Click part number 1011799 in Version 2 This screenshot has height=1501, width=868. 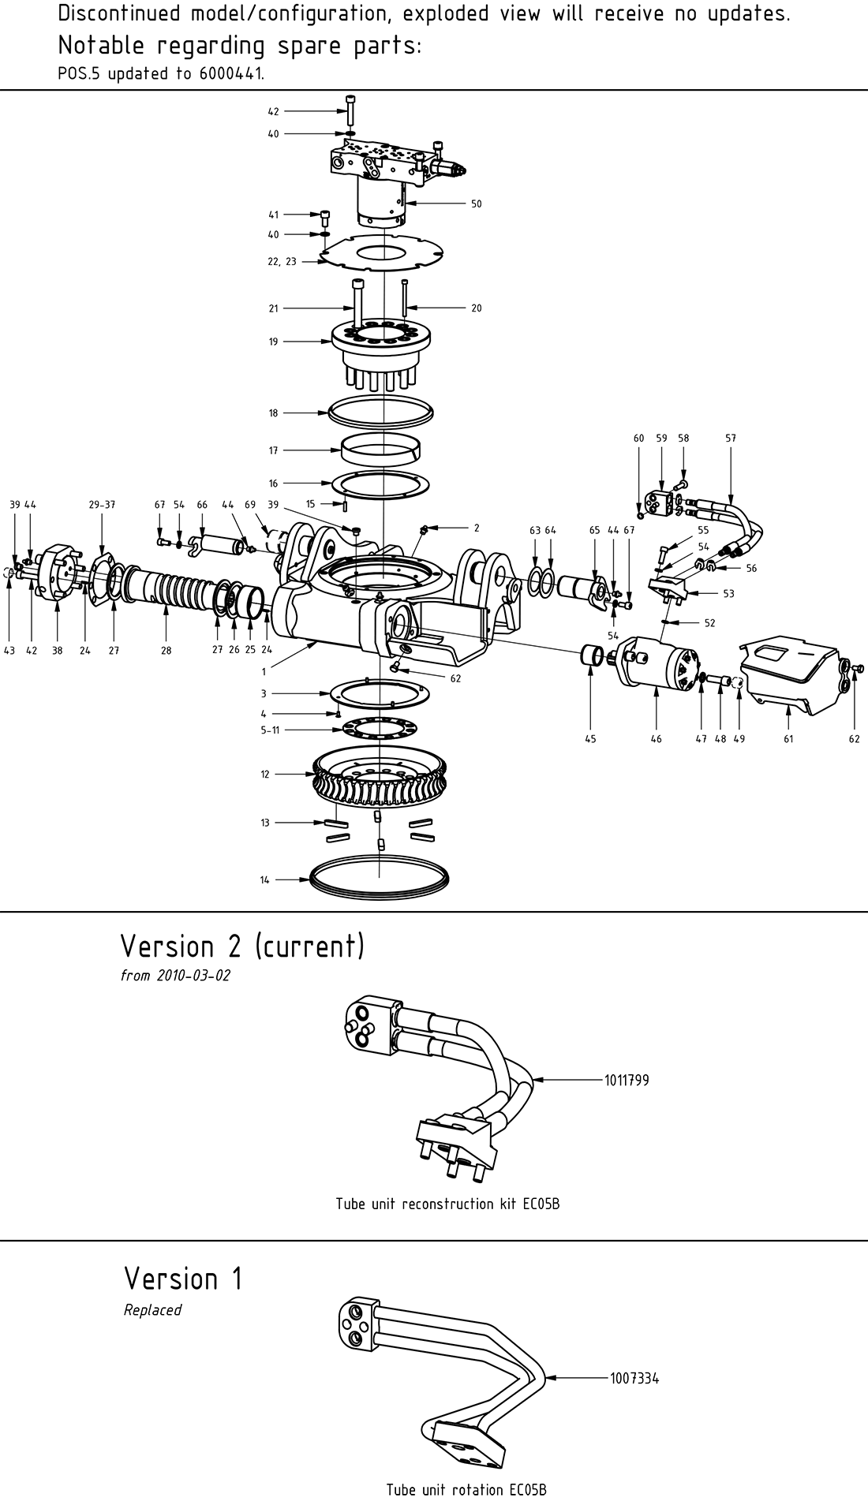(x=627, y=1080)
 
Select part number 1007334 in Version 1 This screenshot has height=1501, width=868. (x=634, y=1378)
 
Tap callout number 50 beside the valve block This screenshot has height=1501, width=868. (x=476, y=203)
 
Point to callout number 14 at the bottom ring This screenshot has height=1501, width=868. (x=265, y=879)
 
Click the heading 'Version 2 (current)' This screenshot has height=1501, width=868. (x=242, y=946)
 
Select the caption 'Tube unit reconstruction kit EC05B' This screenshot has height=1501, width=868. (x=447, y=1204)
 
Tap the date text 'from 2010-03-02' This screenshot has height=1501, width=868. (x=175, y=976)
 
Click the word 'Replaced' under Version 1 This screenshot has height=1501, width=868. (x=152, y=1309)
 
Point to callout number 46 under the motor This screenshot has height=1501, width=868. (x=656, y=739)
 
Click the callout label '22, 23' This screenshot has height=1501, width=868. (x=282, y=261)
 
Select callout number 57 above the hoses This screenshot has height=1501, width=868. (x=730, y=438)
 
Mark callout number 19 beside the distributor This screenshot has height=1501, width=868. (x=273, y=342)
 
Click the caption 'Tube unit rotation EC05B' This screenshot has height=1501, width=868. (x=466, y=1489)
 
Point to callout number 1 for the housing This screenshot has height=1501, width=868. (x=264, y=672)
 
